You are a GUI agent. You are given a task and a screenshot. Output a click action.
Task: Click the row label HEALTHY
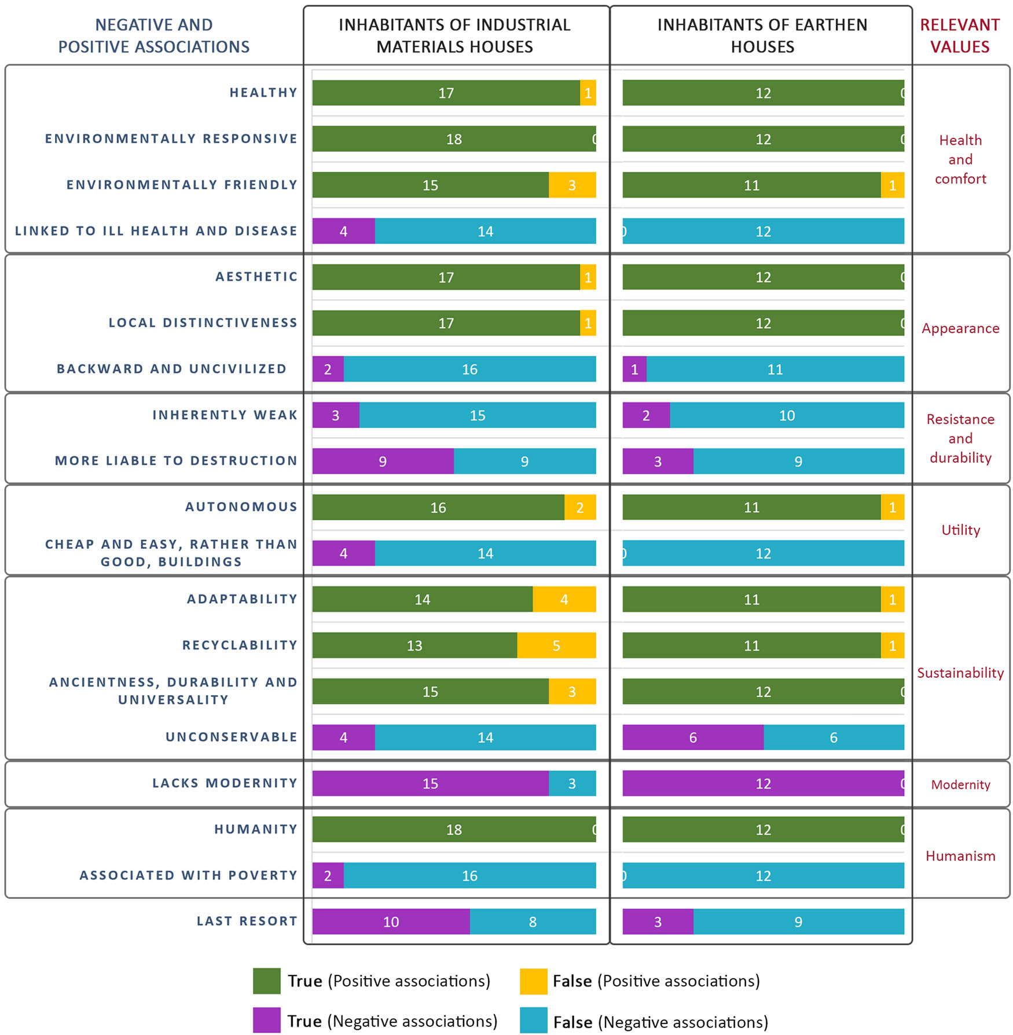263,93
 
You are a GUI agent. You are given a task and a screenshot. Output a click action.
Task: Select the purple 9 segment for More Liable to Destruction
383,461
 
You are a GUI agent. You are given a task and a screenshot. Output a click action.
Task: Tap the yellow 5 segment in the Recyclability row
556,645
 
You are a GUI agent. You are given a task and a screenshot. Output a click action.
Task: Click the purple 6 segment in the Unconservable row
692,737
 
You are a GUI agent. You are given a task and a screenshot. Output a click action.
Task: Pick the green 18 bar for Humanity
453,830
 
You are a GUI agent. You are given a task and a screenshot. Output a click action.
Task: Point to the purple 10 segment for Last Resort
391,922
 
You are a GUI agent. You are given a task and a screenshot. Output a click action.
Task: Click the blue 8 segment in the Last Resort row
533,922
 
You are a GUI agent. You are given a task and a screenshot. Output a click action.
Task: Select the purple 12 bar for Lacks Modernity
762,783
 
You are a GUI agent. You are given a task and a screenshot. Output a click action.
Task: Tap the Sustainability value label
960,673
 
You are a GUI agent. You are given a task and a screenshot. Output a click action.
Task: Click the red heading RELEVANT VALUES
960,36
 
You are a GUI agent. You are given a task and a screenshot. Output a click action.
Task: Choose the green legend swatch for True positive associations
267,981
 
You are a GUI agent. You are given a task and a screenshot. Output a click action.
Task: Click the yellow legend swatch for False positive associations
533,981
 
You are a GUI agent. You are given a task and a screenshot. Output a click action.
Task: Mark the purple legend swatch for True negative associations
267,1020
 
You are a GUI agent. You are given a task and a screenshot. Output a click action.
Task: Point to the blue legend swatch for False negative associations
533,1020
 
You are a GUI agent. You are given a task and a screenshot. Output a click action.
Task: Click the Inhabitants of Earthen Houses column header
762,36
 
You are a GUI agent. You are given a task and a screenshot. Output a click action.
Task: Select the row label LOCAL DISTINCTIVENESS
203,323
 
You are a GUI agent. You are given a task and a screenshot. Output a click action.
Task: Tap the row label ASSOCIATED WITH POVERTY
188,875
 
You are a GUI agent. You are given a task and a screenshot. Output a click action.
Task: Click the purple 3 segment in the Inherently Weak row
336,415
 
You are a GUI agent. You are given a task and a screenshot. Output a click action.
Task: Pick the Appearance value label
960,328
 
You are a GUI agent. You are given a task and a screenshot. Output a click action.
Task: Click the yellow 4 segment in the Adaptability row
564,599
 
